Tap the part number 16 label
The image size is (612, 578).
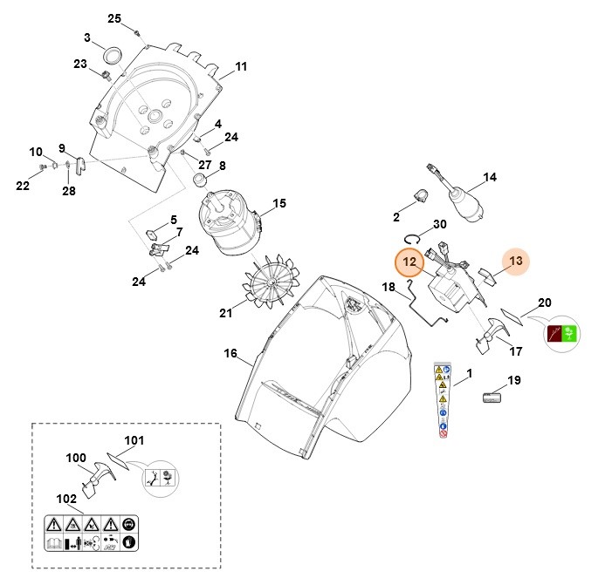click(230, 353)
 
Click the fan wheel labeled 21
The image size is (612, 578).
click(273, 284)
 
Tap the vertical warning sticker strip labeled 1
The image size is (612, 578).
click(444, 400)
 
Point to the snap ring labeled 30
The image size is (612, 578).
click(416, 235)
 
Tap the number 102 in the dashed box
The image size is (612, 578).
click(66, 500)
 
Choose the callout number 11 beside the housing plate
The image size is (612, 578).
click(241, 66)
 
